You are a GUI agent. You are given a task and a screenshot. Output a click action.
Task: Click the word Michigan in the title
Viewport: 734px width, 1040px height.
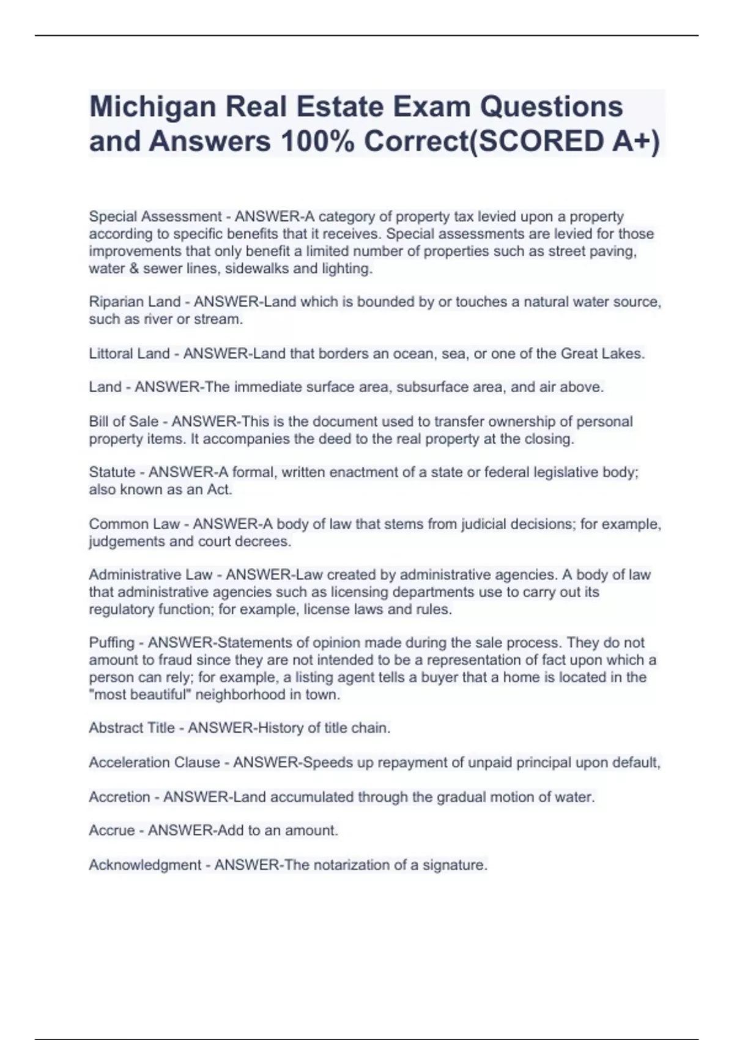(x=152, y=108)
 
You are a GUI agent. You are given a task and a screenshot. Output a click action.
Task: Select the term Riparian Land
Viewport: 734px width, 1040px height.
(x=135, y=302)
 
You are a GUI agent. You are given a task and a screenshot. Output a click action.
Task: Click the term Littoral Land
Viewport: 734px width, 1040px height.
(x=129, y=354)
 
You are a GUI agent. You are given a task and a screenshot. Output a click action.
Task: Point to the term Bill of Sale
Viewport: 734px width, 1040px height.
(x=124, y=422)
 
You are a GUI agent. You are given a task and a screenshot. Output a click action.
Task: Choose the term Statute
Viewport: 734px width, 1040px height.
(x=112, y=472)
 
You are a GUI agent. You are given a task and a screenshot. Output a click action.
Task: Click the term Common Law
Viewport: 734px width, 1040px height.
(x=134, y=524)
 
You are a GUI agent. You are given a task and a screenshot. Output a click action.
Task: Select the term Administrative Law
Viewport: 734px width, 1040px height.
(x=150, y=575)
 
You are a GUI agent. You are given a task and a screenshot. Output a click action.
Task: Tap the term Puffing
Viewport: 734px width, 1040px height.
(x=111, y=643)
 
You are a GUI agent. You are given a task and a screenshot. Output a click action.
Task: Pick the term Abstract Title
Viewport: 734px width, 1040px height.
(x=132, y=728)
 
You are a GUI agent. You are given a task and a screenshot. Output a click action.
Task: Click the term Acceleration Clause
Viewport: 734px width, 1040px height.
(x=154, y=763)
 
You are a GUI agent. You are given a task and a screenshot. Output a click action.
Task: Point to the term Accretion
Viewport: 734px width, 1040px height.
(x=119, y=797)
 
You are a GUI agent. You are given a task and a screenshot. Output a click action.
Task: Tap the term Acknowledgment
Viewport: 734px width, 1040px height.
(x=145, y=865)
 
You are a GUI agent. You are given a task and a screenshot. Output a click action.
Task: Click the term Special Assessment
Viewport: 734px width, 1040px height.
(x=155, y=217)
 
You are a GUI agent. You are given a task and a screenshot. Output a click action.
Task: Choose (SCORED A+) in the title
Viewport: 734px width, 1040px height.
(x=564, y=142)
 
